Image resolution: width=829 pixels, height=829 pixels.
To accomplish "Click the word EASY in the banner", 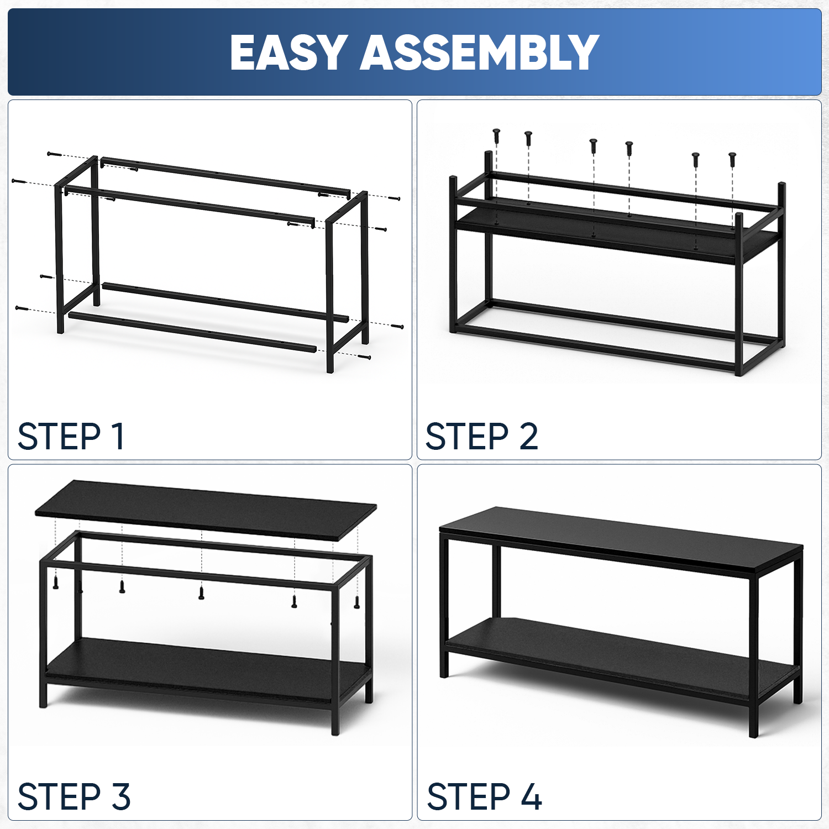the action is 289,53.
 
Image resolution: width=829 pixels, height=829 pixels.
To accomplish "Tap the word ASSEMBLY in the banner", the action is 480,53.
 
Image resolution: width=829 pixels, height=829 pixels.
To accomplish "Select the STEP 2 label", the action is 481,437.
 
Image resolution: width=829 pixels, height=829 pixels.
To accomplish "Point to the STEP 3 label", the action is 74,796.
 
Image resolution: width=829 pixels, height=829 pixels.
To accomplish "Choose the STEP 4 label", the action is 484,796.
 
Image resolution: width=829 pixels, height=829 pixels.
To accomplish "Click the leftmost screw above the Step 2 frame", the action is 496,136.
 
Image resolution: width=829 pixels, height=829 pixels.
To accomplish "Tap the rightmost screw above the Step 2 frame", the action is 732,159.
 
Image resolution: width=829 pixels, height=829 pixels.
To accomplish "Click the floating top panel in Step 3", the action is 206,507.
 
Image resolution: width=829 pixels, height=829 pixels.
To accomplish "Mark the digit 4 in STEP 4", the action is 532,796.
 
